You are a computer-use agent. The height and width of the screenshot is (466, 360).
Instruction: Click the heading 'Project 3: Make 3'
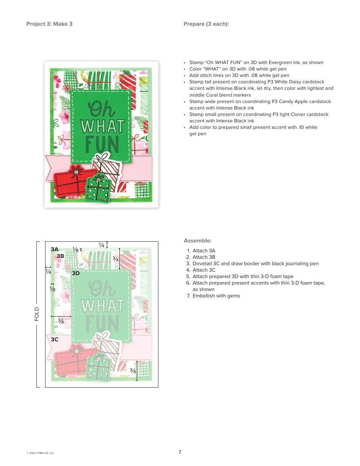click(49, 24)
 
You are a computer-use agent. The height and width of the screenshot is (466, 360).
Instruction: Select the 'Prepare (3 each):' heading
click(206, 24)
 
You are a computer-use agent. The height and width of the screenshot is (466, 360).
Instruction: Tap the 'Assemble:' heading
click(197, 241)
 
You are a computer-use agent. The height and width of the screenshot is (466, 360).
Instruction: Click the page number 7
click(180, 452)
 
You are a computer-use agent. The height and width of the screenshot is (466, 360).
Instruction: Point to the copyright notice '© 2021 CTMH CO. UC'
click(40, 453)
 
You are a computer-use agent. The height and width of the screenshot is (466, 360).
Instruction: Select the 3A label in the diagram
click(55, 249)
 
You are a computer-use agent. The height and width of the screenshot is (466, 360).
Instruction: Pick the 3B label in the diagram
click(60, 256)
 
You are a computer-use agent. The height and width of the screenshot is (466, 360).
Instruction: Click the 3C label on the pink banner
click(55, 339)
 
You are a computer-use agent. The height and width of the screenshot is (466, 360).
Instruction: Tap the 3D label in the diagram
click(76, 273)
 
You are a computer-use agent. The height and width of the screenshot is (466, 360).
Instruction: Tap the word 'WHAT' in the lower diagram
click(102, 305)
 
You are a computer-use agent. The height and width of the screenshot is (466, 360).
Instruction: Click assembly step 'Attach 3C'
click(204, 270)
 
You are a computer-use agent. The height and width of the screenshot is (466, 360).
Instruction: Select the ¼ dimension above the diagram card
click(102, 245)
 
